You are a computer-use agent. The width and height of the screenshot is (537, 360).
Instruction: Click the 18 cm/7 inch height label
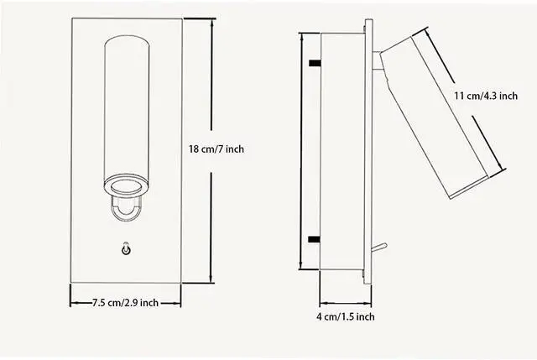[216, 149]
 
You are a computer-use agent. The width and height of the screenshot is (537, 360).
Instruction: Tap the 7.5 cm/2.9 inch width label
[125, 303]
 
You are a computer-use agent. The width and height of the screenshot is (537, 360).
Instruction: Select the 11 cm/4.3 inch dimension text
[486, 96]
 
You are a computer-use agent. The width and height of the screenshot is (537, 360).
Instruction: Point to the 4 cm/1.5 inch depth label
[345, 316]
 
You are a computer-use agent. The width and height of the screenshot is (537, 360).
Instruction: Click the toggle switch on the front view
[126, 249]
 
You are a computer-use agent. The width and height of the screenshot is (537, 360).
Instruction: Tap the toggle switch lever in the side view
[379, 248]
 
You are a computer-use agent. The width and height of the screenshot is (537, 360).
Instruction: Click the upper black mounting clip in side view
[315, 63]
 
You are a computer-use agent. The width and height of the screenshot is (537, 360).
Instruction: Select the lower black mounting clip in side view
[315, 239]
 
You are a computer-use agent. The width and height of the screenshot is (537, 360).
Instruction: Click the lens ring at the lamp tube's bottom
[127, 186]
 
